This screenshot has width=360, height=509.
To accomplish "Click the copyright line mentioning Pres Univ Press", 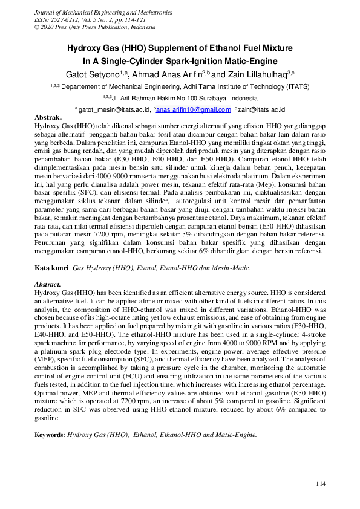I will tap(96, 27).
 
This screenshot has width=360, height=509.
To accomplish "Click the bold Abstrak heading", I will tap(48, 116).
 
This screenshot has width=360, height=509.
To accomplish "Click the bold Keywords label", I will tap(50, 434).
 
